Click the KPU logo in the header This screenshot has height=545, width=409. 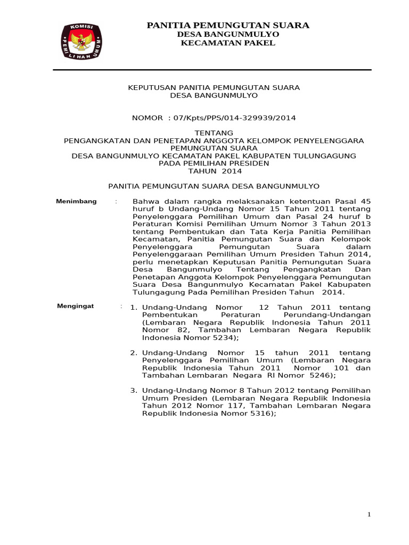(x=81, y=42)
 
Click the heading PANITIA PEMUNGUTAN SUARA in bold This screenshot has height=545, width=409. (x=228, y=26)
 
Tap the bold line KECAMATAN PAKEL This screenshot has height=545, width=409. (x=228, y=43)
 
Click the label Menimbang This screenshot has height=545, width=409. (x=77, y=201)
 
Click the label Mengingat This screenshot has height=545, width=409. (x=76, y=306)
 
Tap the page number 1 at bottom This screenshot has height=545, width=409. (x=369, y=514)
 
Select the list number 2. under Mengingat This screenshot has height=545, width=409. (x=134, y=353)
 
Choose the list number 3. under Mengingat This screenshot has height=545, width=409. (x=134, y=391)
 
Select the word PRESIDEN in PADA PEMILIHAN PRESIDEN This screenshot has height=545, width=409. (x=250, y=163)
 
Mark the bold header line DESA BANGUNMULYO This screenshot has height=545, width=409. (x=228, y=34)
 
